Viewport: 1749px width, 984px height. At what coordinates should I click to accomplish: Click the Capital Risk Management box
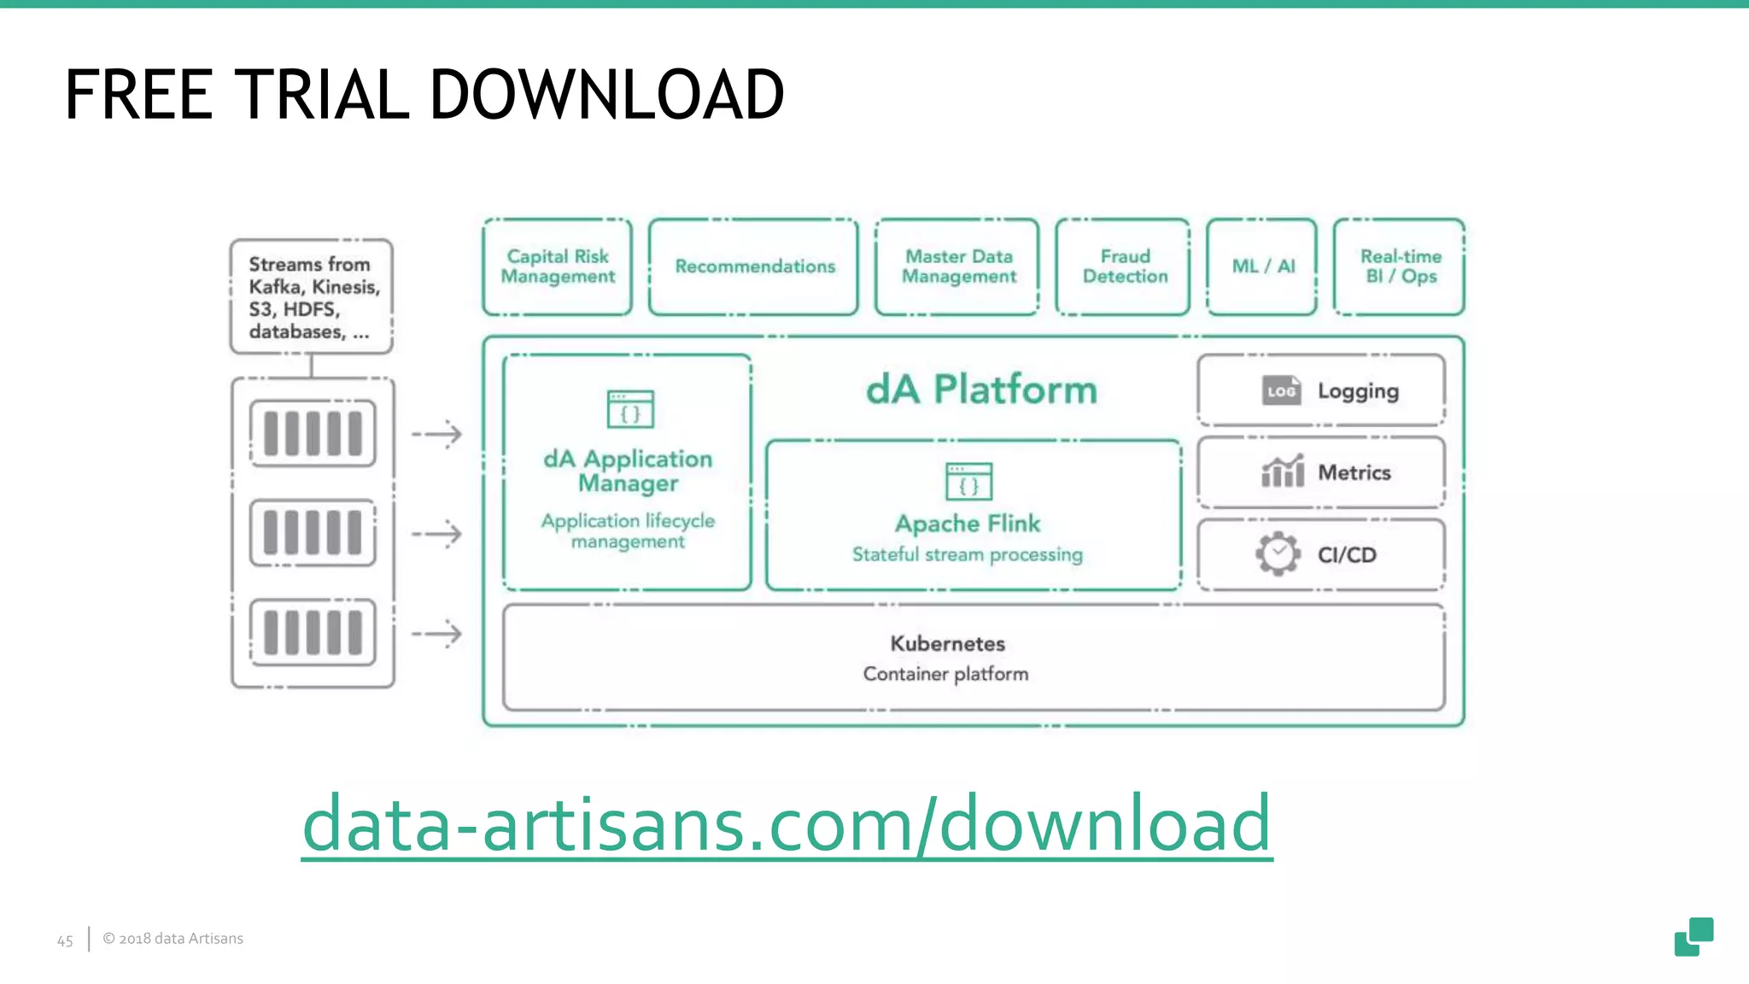tap(557, 266)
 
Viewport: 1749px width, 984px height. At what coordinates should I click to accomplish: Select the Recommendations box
tap(753, 266)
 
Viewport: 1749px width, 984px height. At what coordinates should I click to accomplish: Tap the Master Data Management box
tap(957, 266)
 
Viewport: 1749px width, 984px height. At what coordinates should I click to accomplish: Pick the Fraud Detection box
tap(1123, 266)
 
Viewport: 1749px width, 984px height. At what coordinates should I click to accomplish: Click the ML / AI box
tap(1262, 266)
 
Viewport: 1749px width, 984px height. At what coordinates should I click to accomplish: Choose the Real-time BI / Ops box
tap(1399, 266)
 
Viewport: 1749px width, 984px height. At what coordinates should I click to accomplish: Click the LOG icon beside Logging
tap(1281, 391)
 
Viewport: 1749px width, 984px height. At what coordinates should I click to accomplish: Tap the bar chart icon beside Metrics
tap(1282, 471)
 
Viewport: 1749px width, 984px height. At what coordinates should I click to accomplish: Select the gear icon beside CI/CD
tap(1278, 554)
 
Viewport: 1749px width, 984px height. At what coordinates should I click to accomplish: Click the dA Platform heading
tap(980, 389)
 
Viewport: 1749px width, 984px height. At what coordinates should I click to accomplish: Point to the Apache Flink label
tap(968, 523)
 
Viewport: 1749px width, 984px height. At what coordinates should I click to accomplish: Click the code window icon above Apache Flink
tap(968, 482)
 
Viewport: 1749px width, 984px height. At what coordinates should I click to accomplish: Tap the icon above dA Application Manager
tap(630, 409)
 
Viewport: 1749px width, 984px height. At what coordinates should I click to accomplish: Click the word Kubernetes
tap(947, 643)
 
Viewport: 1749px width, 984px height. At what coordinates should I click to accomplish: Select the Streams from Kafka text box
tap(312, 296)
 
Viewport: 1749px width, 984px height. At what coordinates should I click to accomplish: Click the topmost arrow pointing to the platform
tap(436, 434)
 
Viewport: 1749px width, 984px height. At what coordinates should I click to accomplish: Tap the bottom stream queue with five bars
tap(313, 632)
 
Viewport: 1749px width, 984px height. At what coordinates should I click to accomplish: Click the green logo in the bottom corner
tap(1693, 936)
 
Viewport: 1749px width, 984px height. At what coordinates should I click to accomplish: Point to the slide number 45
tap(65, 940)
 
